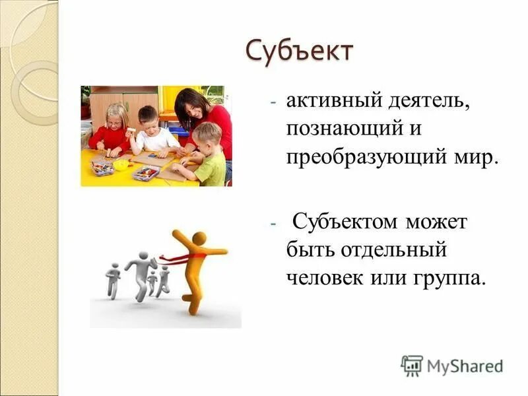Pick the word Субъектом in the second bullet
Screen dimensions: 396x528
click(x=347, y=222)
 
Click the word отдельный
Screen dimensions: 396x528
click(x=395, y=250)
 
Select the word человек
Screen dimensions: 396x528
click(x=324, y=278)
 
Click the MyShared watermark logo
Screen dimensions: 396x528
click(x=451, y=365)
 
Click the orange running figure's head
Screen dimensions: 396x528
click(x=198, y=238)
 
